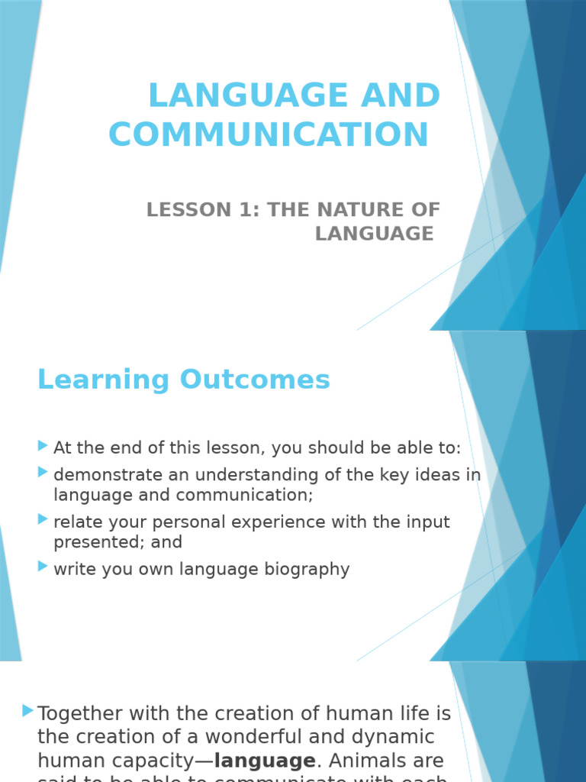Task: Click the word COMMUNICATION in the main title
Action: [269, 134]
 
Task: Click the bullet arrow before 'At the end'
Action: [43, 445]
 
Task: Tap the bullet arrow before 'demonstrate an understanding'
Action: [43, 473]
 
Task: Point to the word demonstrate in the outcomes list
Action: [109, 475]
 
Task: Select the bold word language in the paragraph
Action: [265, 761]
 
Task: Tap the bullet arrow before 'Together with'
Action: [28, 711]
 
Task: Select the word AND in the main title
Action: [395, 95]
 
